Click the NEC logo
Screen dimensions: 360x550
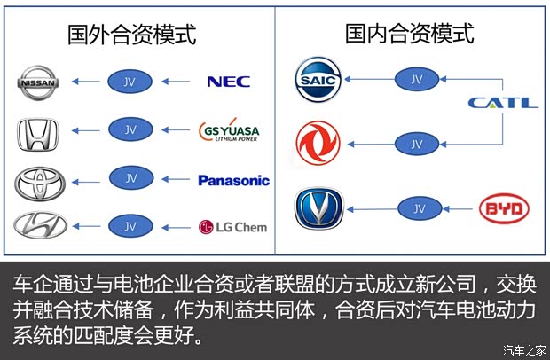coord(228,82)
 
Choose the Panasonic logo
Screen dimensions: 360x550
coord(233,180)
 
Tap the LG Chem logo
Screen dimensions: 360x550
coord(232,227)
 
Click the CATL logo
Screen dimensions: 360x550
coord(503,103)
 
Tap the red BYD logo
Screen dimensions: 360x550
coord(504,209)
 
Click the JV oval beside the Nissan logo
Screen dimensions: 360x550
coord(130,82)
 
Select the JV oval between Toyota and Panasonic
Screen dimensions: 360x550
coord(130,178)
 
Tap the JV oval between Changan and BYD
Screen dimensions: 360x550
coord(416,209)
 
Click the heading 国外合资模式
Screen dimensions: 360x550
coord(132,35)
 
